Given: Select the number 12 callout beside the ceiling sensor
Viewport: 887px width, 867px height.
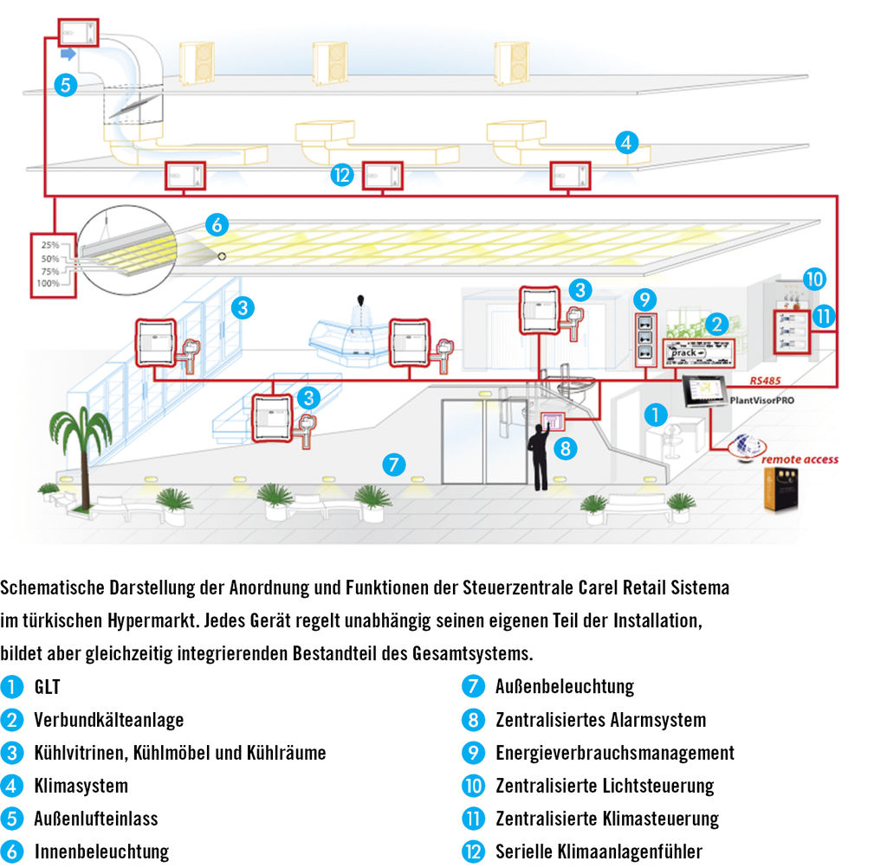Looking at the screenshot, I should (x=342, y=176).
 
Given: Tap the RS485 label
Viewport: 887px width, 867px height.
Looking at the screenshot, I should (x=766, y=379).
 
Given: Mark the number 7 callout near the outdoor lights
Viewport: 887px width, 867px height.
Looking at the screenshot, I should (x=393, y=465).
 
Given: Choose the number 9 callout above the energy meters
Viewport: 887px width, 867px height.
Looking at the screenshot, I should (x=644, y=299).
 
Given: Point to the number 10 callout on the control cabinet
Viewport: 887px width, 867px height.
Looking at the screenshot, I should (x=814, y=279).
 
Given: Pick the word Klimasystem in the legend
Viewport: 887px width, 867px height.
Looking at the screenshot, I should (x=81, y=786).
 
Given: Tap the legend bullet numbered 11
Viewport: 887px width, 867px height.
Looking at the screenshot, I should (x=473, y=819).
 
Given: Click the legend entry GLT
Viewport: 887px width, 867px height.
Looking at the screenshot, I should (x=48, y=687).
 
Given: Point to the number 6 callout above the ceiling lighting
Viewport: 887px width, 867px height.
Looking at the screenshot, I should (x=217, y=225).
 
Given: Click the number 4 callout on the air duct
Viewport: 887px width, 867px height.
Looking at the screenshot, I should (x=627, y=142).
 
